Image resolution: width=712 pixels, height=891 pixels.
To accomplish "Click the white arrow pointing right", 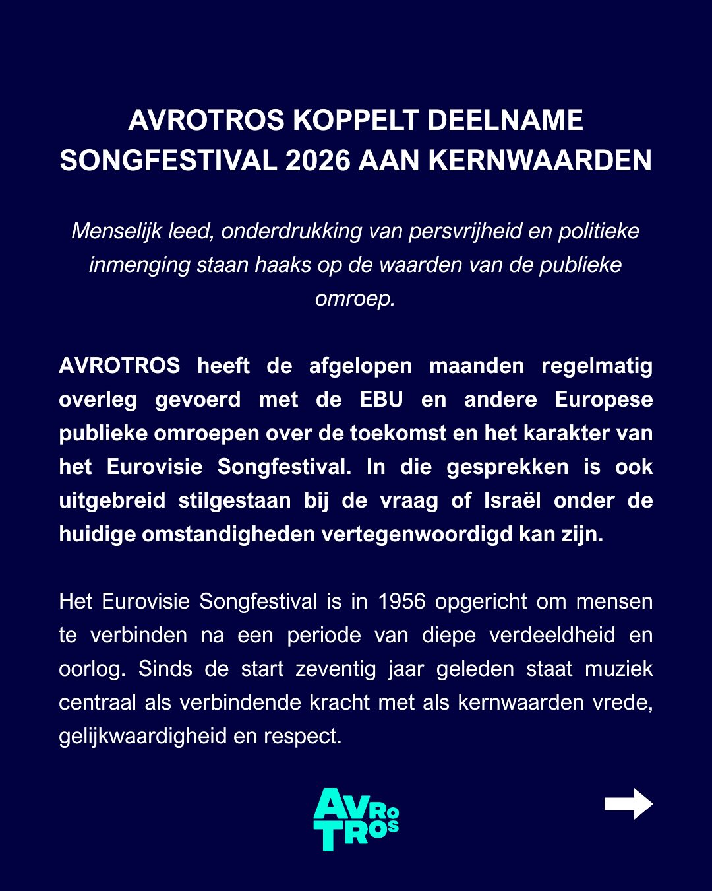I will tap(628, 804).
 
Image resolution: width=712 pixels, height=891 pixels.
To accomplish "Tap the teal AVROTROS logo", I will tap(356, 819).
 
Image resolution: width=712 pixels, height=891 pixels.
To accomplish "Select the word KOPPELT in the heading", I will tap(355, 120).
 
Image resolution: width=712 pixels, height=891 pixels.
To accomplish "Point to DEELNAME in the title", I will tap(505, 120).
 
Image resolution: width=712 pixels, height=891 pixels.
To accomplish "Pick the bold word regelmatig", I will tap(597, 366).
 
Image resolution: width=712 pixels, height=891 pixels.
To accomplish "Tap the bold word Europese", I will tap(603, 399).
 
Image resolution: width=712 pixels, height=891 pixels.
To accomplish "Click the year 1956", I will tap(401, 601).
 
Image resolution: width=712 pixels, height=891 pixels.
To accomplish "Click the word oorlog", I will tap(91, 669).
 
